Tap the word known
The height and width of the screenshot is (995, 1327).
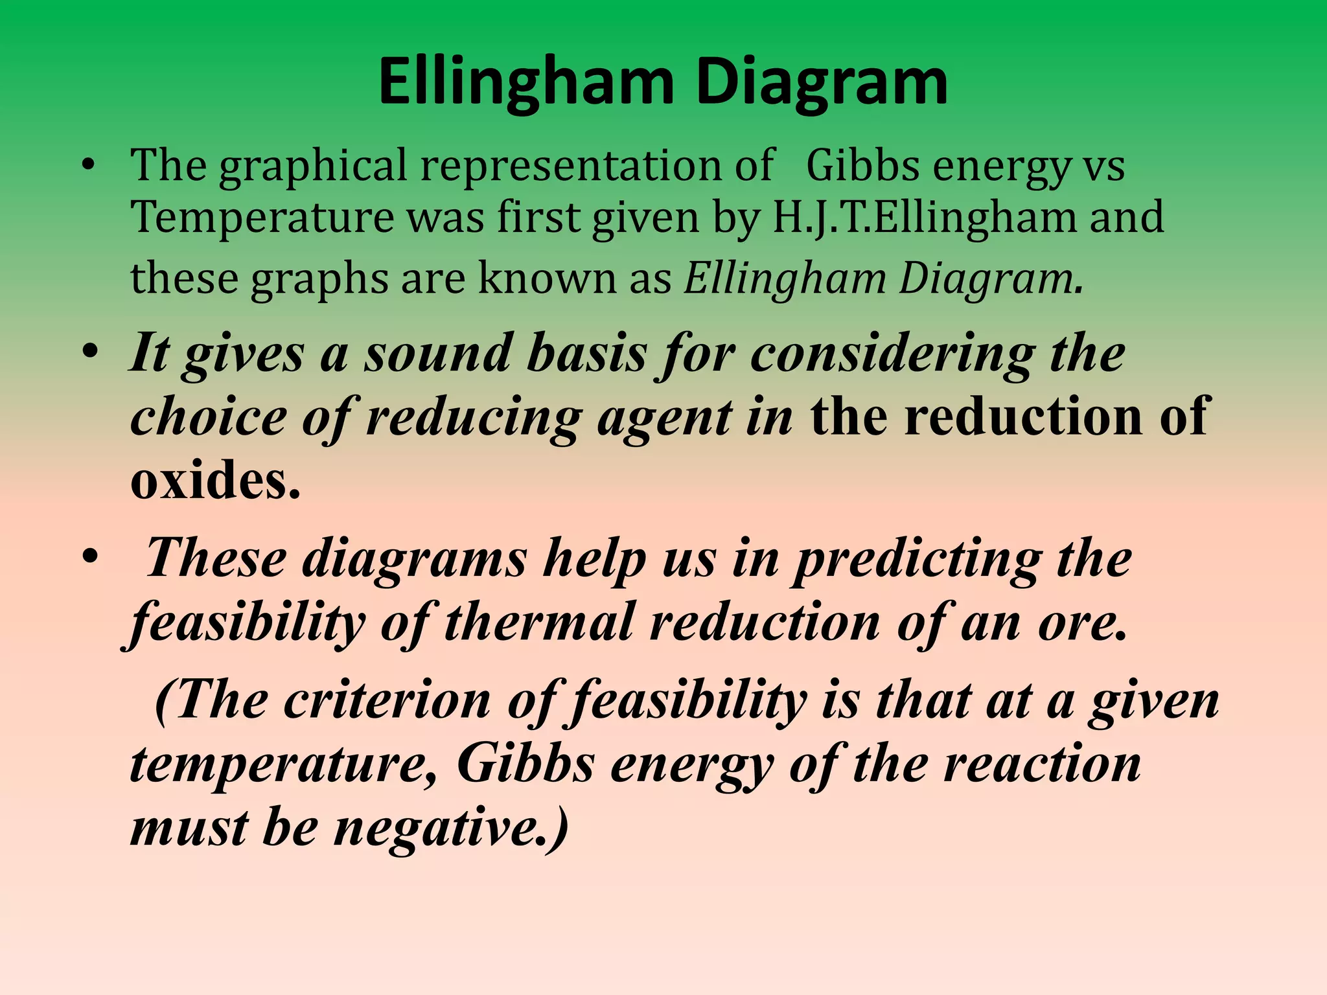[x=548, y=279]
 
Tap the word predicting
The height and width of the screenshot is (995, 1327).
[x=917, y=560]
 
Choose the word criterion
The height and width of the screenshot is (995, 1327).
[x=387, y=701]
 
